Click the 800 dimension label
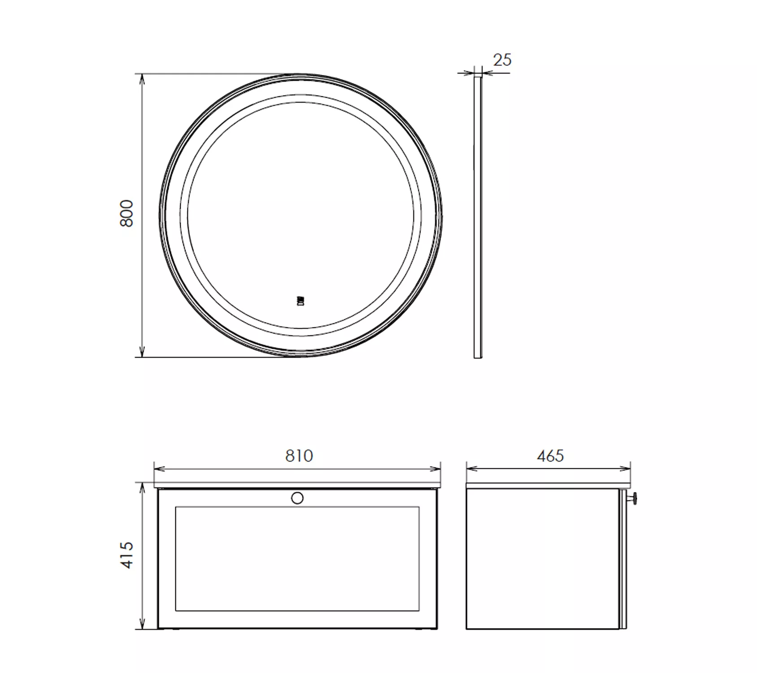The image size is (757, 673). coord(127,213)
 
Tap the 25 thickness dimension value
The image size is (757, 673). coord(502,60)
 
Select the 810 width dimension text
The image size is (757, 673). coord(299,456)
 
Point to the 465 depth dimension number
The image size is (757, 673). coord(550,456)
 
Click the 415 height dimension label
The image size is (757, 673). coord(127,555)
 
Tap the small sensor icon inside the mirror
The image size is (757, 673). coord(300,300)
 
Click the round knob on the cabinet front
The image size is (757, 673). coord(297,498)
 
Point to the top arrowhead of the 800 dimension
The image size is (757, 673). coord(142,80)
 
